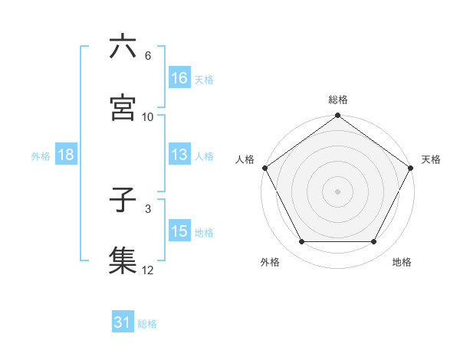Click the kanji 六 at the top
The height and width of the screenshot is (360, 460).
point(123,47)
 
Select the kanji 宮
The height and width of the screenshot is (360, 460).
point(123,106)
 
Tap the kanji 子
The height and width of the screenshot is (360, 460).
point(123,201)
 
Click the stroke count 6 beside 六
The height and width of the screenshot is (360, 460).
point(147,57)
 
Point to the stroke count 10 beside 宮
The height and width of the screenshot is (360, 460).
point(148,116)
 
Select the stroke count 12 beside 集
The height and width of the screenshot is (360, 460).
point(148,269)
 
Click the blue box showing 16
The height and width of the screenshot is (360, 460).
point(179,78)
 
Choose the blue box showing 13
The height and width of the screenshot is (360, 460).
point(179,155)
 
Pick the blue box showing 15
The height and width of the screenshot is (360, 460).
point(179,231)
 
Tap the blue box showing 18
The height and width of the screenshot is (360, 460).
point(66,155)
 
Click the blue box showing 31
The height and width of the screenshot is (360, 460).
point(123,323)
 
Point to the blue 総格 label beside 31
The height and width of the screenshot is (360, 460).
point(148,324)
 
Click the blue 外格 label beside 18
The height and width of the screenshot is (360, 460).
point(41,155)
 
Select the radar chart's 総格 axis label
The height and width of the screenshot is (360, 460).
point(338,100)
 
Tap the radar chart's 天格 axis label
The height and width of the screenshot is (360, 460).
point(431,159)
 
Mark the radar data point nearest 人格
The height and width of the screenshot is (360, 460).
point(264,168)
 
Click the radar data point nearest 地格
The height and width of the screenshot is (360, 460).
point(374,242)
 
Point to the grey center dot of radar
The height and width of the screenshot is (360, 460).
point(338,191)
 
